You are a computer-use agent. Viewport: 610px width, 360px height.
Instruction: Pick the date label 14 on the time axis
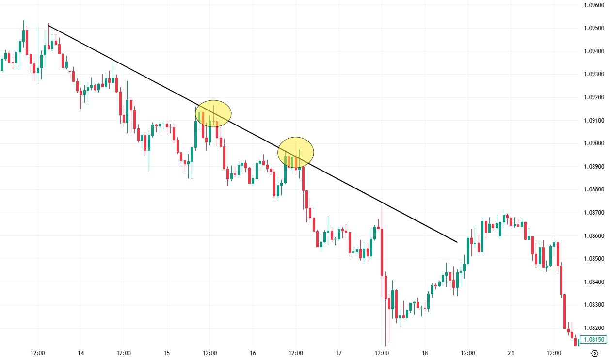point(80,353)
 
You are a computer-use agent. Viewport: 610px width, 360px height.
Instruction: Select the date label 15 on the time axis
point(167,353)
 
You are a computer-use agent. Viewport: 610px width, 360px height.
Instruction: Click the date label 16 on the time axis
point(253,353)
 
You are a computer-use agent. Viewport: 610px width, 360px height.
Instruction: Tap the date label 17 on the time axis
point(338,353)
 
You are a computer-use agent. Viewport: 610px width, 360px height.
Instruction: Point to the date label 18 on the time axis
point(425,353)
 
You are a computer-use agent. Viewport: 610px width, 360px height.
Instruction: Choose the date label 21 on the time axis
point(511,353)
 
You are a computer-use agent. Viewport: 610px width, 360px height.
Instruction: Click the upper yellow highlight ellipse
point(213,114)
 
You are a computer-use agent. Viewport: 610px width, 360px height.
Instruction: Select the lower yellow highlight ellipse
point(296,152)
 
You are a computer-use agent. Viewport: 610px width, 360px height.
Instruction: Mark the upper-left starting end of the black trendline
point(48,25)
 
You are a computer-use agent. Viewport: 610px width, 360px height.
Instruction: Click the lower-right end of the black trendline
point(457,241)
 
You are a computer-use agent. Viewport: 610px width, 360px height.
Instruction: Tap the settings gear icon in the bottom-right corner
point(594,353)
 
